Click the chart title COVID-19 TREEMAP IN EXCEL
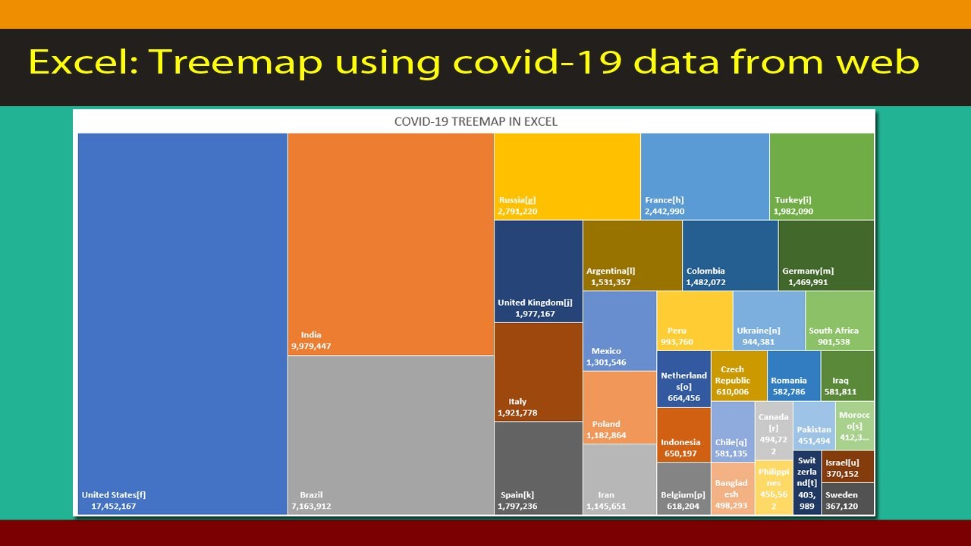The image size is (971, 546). point(476,121)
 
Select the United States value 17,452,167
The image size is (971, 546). point(113,506)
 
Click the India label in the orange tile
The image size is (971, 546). point(311,334)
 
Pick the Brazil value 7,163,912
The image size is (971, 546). point(311,506)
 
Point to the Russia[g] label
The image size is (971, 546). point(517,200)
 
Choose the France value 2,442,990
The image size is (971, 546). point(665,212)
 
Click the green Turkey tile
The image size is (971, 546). point(822,176)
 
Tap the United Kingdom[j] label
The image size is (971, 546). point(535,303)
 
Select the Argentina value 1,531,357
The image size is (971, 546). point(611,282)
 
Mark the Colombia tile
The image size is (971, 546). point(730,255)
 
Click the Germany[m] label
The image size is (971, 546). point(808,271)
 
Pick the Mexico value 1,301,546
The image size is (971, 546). point(606,362)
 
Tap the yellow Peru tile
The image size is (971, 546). point(694,320)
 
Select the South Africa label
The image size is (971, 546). point(834,331)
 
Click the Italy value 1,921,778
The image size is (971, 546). point(517,413)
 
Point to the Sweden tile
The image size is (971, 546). point(847,500)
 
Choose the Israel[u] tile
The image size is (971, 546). point(847,466)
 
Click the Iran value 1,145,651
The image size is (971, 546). point(606,506)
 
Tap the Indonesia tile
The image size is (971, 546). point(683,435)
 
